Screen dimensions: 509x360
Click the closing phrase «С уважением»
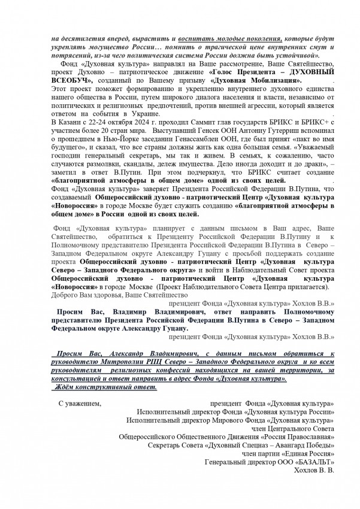pyautogui.click(x=79, y=404)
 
